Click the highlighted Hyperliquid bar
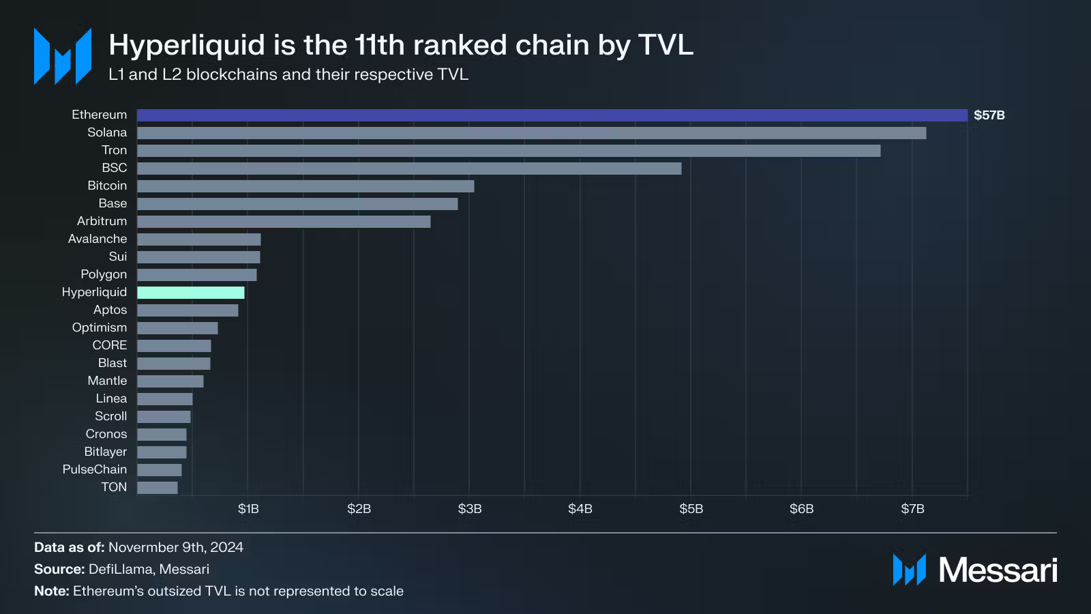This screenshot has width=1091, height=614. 191,293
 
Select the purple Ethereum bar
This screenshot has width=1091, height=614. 552,115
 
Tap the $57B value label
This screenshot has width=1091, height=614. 989,115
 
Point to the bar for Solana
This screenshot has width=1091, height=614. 532,133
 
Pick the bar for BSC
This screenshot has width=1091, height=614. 409,169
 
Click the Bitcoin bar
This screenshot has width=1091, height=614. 305,186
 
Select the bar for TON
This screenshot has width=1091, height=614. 158,488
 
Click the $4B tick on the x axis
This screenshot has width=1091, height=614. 580,509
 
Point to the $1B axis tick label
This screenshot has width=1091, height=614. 248,509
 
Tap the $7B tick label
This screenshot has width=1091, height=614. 912,509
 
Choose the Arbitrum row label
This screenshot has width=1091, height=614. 102,221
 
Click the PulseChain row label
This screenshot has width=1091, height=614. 95,469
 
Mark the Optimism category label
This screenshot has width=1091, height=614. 100,327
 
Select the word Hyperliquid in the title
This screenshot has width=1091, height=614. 186,46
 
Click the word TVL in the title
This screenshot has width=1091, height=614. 666,45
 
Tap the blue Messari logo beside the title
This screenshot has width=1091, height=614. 63,57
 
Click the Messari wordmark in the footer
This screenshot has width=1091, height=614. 998,570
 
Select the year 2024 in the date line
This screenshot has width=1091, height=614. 226,547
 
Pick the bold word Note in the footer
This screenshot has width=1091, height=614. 50,591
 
